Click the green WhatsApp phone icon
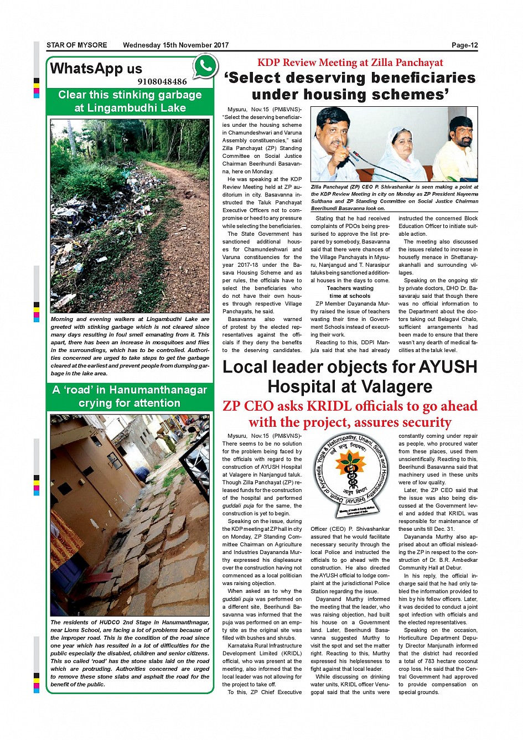205,67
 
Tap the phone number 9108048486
162,82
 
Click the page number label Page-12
464,45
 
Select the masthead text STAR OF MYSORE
76,45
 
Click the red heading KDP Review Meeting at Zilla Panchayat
350,63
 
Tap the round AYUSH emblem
350,477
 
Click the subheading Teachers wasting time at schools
350,292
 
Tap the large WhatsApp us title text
96,69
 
